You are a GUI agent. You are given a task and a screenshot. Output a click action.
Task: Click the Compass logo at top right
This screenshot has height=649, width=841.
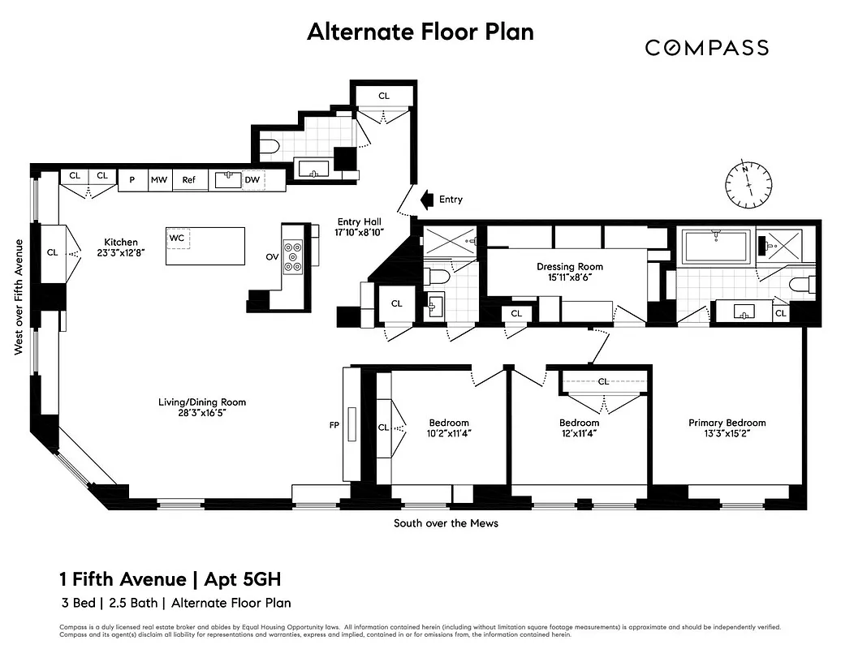(x=706, y=48)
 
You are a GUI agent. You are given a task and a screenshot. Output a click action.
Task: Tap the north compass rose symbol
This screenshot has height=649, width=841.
(x=748, y=185)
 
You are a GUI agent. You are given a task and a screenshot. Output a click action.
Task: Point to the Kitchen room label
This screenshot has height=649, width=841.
(x=120, y=242)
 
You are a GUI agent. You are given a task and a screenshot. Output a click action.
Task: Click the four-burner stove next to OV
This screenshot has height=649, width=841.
(x=293, y=256)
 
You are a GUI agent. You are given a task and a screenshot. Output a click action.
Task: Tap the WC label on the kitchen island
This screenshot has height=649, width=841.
(x=177, y=238)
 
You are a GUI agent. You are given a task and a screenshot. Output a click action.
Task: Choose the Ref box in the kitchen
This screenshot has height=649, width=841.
(x=188, y=180)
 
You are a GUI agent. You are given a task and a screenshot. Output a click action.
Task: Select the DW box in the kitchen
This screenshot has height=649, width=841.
(x=252, y=180)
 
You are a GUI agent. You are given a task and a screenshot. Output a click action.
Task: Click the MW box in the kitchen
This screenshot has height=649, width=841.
(x=158, y=180)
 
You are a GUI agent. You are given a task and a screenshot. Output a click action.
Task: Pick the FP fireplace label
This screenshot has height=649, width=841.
(x=333, y=424)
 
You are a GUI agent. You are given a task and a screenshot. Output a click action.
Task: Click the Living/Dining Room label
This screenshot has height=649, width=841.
(x=201, y=402)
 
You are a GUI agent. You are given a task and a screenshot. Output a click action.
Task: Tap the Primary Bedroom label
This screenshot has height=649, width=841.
(x=727, y=423)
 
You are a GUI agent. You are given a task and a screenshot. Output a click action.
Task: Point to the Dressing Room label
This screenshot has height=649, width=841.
(x=569, y=267)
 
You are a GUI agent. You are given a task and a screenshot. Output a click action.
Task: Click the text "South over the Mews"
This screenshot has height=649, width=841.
(x=446, y=523)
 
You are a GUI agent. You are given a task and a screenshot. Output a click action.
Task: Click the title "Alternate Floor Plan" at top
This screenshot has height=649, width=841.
(x=420, y=32)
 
